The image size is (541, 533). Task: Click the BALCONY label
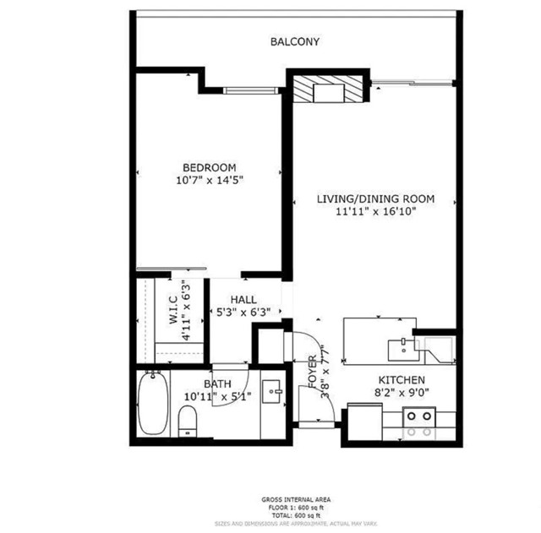coord(295,41)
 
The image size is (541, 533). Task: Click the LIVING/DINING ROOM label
coord(375,199)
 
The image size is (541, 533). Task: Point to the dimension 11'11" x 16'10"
coord(375,213)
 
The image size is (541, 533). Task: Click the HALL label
coord(243,300)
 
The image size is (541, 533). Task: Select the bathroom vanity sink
coord(272,390)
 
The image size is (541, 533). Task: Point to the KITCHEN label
coord(402,381)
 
